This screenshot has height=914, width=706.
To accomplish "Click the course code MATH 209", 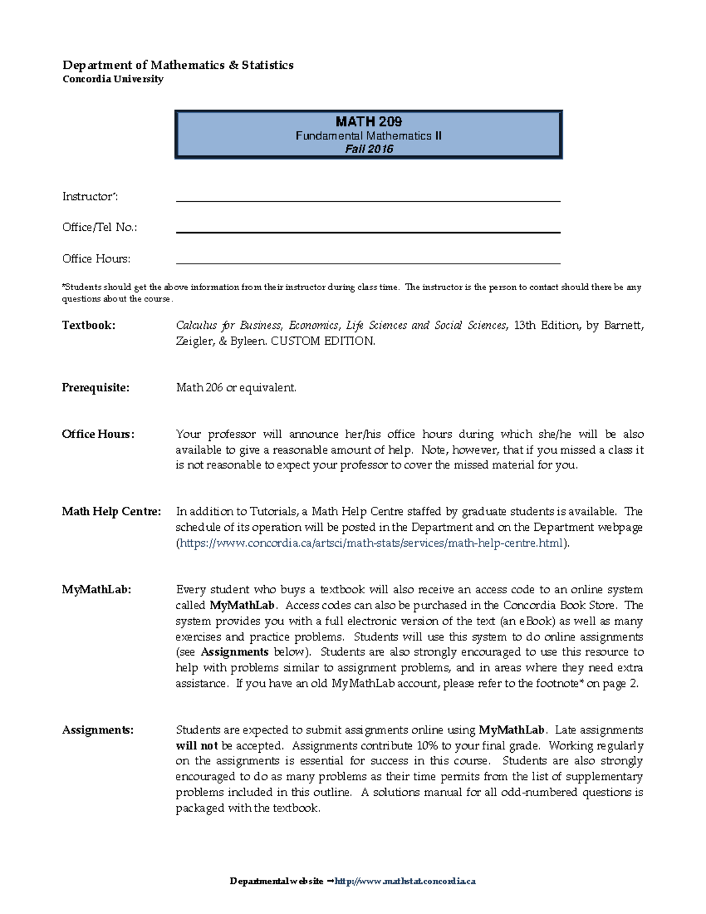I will pos(368,122).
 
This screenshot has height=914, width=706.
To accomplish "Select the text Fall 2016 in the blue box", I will pos(369,149).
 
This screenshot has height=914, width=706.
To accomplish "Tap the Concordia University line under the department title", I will pos(113,79).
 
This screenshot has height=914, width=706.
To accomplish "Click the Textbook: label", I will pos(88,325).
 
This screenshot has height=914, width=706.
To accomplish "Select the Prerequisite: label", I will pos(95,388).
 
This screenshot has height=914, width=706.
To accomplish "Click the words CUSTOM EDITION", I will pos(322,341).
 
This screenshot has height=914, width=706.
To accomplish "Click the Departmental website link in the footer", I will pos(405,881).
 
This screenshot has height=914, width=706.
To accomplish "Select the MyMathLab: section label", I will pos(96,590).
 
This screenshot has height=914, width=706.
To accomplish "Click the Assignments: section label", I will pos(98,730).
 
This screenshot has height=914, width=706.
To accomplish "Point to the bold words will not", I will pos(197,746).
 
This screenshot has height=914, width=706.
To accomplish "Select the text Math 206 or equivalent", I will pos(236,388).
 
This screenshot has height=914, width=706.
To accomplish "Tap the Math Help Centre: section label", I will pos(111,511).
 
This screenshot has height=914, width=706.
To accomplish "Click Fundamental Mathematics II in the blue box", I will pos(368,136).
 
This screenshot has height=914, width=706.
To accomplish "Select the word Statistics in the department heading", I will pos(267,65).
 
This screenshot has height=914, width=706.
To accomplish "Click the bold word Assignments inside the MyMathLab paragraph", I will pos(234,652).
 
